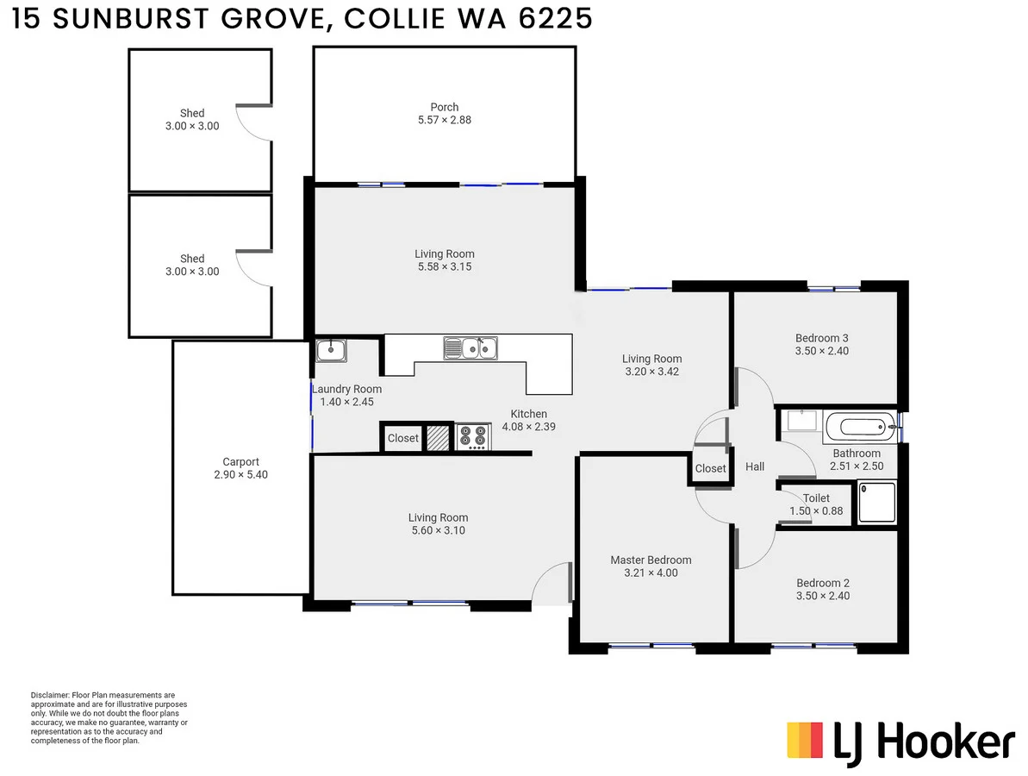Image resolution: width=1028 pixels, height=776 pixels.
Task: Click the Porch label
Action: tap(444, 107)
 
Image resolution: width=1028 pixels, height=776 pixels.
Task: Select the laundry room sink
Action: tap(331, 350)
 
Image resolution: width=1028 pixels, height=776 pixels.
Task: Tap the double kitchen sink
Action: tap(470, 347)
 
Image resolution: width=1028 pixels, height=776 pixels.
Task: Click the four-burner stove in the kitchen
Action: tap(472, 437)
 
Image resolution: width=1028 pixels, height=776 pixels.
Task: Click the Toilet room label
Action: tap(816, 498)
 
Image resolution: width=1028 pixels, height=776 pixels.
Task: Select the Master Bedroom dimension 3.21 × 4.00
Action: tap(651, 573)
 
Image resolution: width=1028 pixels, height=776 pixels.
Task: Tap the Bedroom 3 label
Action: tap(822, 338)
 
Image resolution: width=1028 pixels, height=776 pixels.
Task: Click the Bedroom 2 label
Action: tap(822, 582)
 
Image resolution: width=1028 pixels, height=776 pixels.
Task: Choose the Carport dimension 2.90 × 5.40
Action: tap(240, 474)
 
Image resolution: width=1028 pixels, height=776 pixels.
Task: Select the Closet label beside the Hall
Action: tap(710, 468)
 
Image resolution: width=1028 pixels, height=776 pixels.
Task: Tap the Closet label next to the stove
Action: tap(402, 438)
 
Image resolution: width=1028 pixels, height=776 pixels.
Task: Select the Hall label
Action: tap(755, 466)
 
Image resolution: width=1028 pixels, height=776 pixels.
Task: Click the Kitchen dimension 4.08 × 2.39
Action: tap(528, 426)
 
